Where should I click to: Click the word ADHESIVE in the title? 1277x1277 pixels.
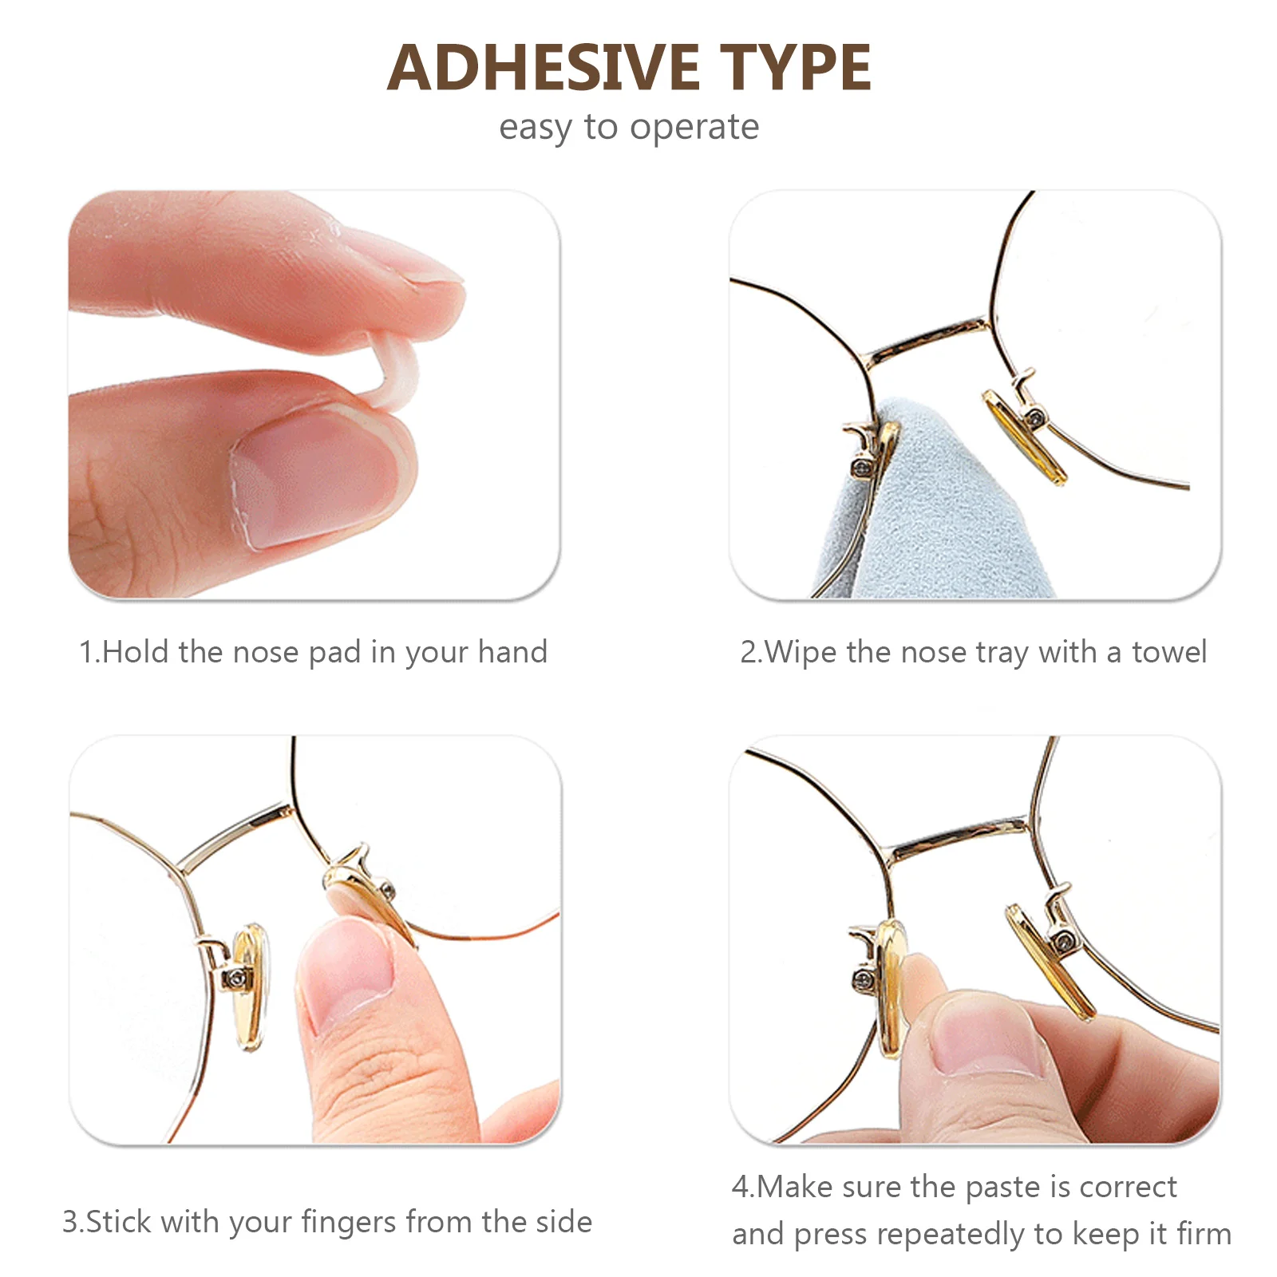click(543, 68)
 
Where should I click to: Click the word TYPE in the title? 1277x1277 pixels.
click(796, 68)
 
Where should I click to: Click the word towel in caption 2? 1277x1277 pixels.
click(1169, 652)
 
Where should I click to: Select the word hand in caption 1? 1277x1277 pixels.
click(512, 652)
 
